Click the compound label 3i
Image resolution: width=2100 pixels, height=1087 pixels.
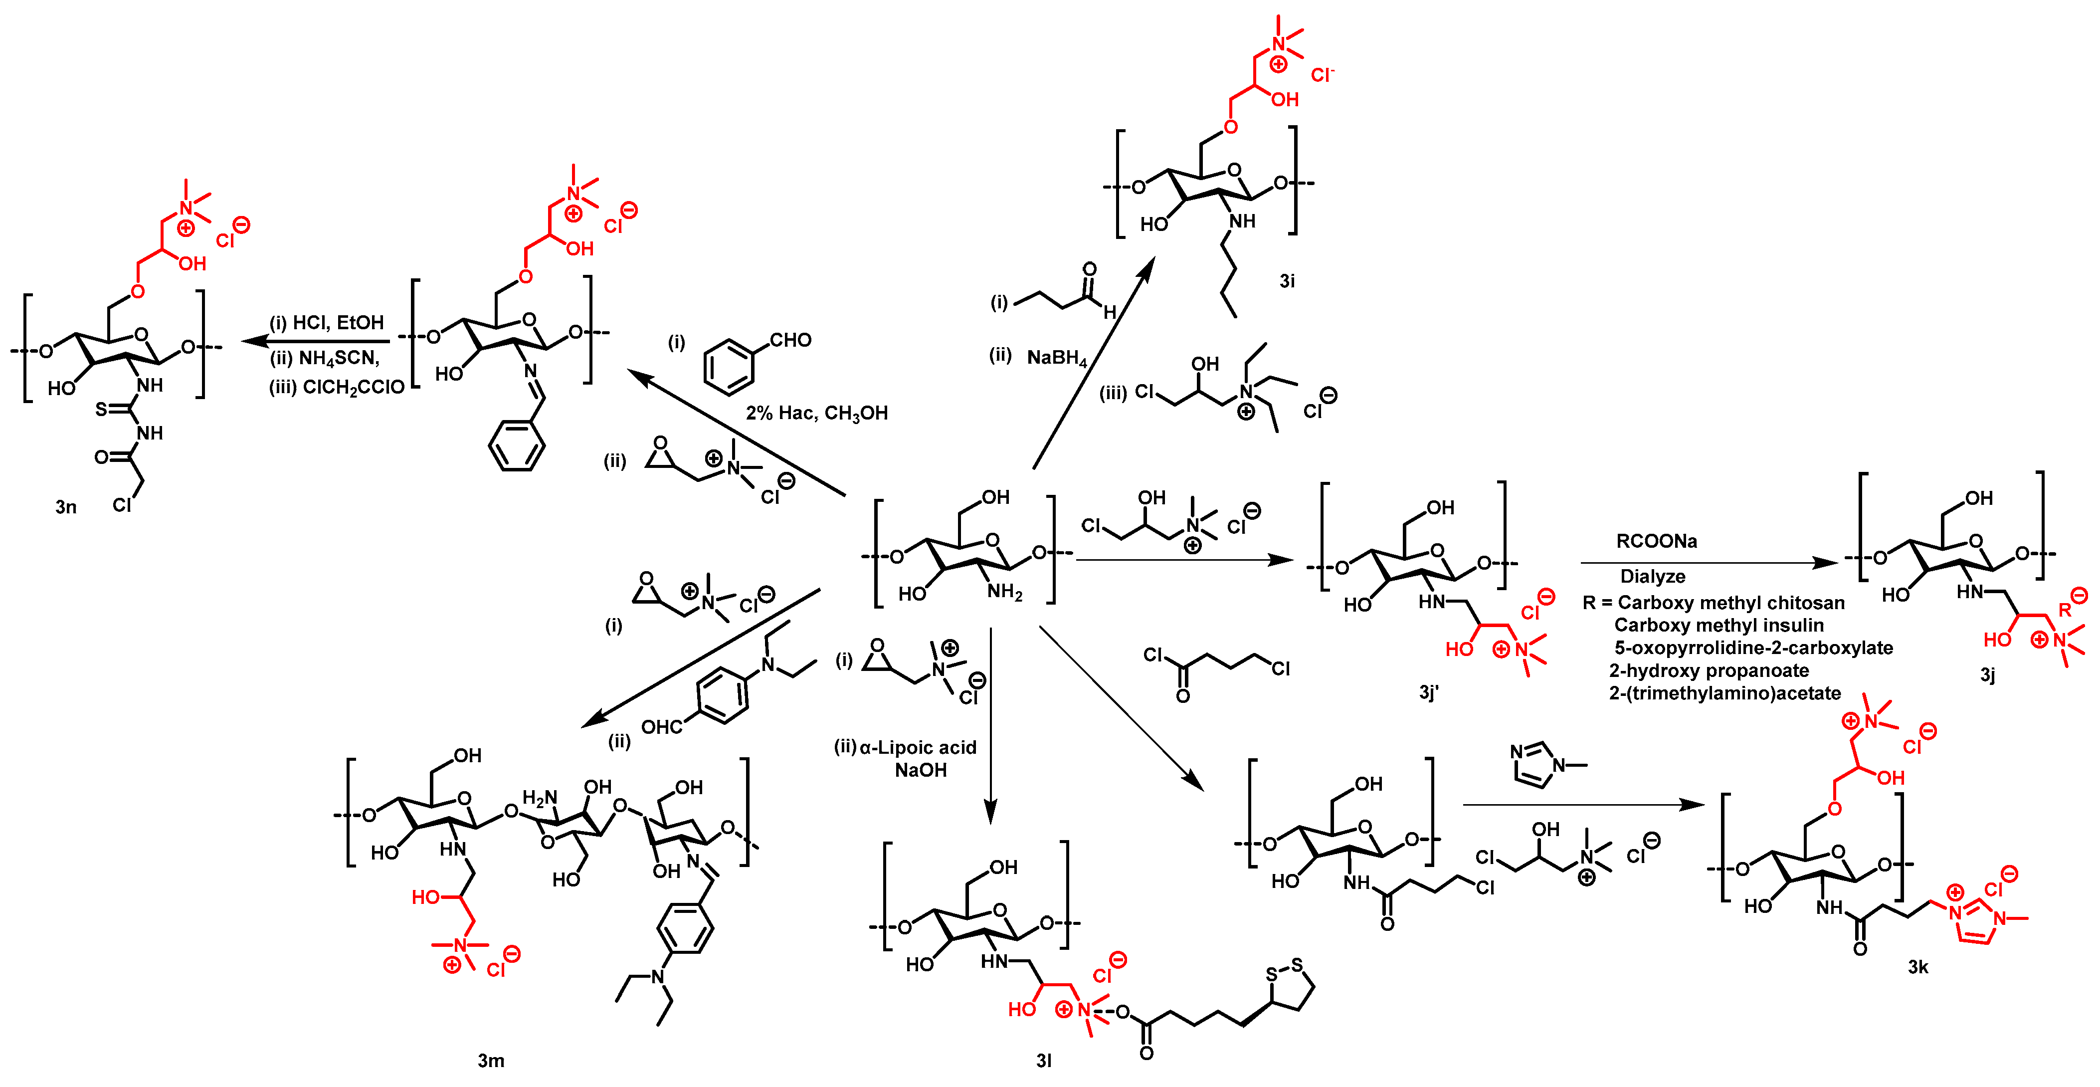click(1287, 281)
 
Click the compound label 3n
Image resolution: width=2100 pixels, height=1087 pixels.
click(66, 507)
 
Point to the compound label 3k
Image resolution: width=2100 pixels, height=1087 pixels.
click(1917, 968)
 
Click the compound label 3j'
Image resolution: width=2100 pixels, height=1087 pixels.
click(1428, 692)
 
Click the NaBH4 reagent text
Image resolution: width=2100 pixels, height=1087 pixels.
click(1057, 358)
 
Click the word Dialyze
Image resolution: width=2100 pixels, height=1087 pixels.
click(1653, 577)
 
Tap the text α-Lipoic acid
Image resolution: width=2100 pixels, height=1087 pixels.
click(917, 748)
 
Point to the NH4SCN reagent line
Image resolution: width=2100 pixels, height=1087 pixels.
click(326, 359)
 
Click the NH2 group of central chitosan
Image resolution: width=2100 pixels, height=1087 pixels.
click(1004, 592)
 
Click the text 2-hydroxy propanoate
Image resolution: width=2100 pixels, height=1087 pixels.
click(1709, 671)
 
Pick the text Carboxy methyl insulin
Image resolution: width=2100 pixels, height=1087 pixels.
click(1718, 626)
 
